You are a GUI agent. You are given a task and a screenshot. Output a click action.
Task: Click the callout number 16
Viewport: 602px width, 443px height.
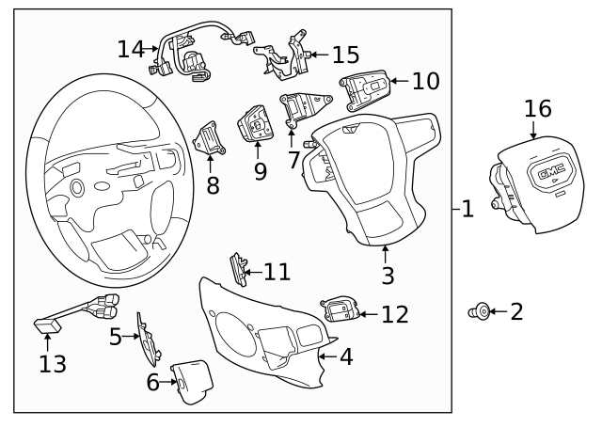tap(537, 108)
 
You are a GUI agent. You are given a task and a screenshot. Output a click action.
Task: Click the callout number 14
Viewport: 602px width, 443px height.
tap(131, 48)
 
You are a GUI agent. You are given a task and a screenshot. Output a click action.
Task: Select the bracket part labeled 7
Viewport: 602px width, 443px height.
tap(300, 107)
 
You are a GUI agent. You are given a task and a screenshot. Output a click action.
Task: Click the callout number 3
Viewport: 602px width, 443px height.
tap(388, 276)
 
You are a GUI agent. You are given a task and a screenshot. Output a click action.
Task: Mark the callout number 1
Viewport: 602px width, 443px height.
tap(467, 208)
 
